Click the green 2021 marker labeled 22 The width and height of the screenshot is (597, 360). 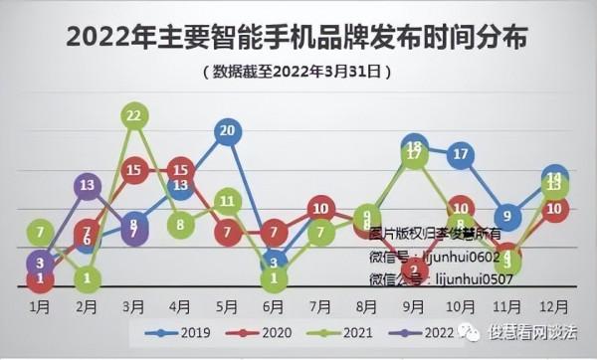(x=134, y=116)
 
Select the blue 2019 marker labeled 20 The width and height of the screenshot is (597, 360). (x=228, y=131)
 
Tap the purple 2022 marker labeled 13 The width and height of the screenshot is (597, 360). (x=88, y=185)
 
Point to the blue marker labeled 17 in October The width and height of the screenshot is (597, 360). (x=460, y=154)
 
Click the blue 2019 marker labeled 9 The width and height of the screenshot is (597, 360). (x=507, y=215)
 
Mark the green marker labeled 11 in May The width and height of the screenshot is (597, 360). (x=228, y=201)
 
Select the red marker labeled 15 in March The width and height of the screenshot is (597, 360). (x=134, y=170)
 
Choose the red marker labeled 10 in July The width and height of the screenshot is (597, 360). (x=320, y=209)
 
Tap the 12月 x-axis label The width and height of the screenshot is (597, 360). (x=554, y=305)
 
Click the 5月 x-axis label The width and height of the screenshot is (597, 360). (x=228, y=305)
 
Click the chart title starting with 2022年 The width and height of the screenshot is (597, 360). (x=298, y=38)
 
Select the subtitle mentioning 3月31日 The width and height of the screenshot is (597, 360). (x=298, y=72)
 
